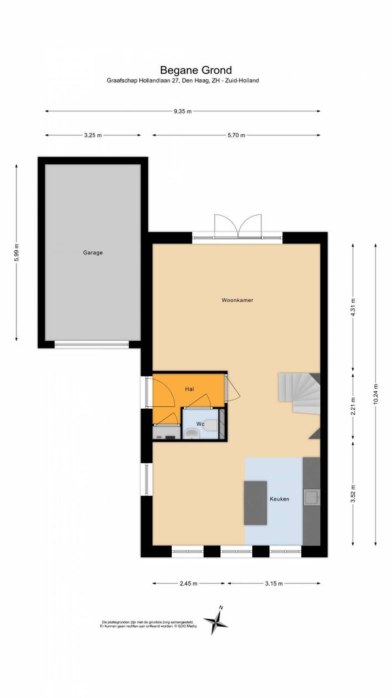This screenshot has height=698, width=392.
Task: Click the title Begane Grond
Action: coord(196,70)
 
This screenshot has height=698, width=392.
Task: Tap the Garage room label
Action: coord(93,253)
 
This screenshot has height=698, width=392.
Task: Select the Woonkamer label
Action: coord(237,300)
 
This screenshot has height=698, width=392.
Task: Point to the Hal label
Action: coord(189,389)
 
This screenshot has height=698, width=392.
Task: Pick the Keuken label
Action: coord(279,499)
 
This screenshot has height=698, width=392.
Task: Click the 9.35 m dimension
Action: coord(182,111)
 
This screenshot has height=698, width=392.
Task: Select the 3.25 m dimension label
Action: coord(93,135)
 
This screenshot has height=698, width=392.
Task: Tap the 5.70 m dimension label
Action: coord(236,135)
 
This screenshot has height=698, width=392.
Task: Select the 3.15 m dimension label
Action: coord(273,584)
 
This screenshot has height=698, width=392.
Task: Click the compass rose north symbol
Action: coord(216,621)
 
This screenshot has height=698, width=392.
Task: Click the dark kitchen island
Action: coord(255,502)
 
